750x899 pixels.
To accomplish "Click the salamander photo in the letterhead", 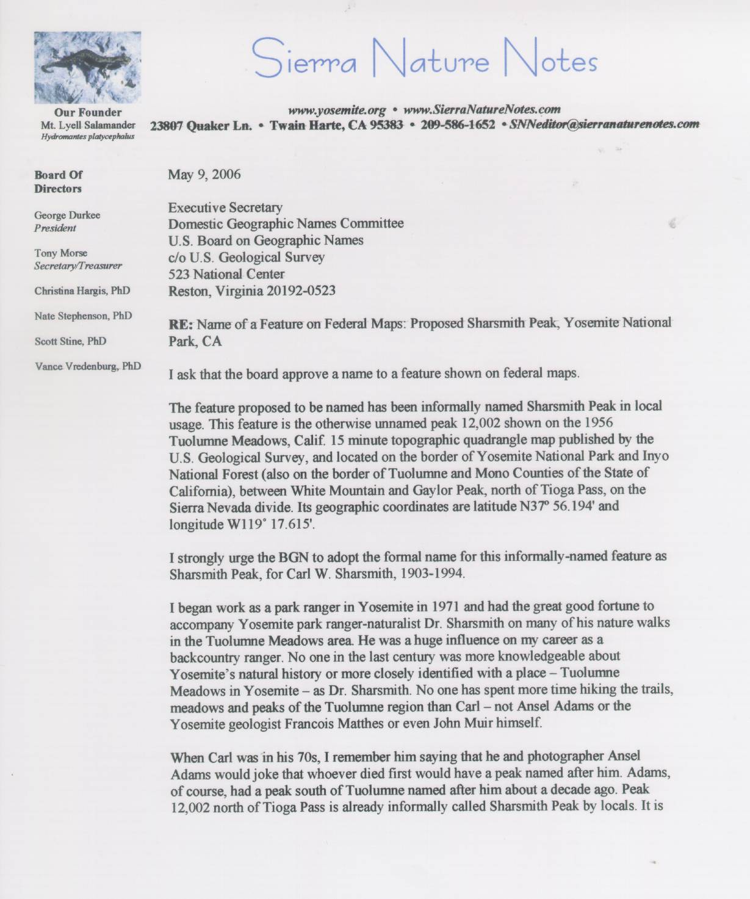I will coord(88,67).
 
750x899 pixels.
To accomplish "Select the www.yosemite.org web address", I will coord(337,110).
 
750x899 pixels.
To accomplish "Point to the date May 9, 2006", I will coord(204,175).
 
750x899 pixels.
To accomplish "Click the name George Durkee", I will coord(67,215).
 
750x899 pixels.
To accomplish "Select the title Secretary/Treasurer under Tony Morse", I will coord(78,265).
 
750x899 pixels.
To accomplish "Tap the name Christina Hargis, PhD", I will coord(82,291).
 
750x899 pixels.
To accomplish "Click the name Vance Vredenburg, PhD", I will coord(88,366).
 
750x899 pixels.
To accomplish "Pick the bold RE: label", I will coord(181,323).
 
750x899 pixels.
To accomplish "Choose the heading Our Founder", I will coord(88,112).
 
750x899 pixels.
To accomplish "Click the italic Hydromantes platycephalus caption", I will coord(88,137).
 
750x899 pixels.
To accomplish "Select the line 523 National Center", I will coord(226,274).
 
